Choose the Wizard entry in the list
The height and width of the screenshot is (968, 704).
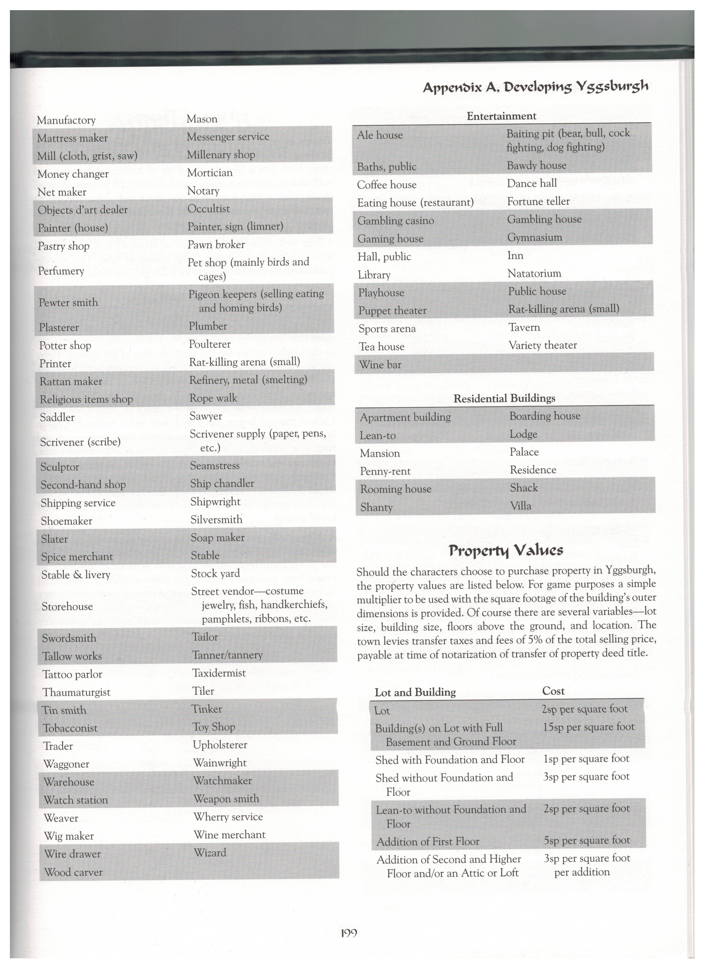210,853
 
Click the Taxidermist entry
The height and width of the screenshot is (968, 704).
219,673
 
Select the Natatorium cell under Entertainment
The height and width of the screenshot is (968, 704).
534,273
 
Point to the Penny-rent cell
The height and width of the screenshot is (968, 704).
385,471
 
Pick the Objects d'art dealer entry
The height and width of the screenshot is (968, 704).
82,210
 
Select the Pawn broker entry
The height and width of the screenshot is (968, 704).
216,245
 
